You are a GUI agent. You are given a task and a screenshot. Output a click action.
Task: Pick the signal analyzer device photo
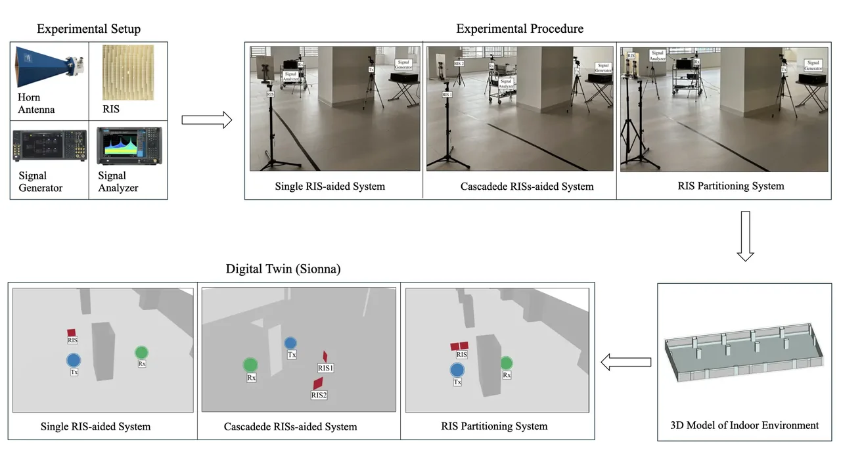[128, 146]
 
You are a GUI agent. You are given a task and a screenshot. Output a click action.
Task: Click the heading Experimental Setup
[89, 29]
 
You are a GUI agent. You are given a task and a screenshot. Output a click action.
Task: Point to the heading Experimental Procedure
[520, 29]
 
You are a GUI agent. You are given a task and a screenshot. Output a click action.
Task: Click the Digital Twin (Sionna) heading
[283, 269]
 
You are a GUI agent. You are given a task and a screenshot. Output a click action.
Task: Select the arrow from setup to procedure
[206, 120]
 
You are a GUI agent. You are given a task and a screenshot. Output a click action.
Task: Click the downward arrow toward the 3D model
[744, 236]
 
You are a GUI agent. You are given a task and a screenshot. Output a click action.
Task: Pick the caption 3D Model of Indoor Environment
[744, 425]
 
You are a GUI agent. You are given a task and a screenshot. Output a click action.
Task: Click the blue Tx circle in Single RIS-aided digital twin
[74, 360]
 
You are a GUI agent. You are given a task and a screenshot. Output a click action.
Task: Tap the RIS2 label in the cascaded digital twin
[319, 395]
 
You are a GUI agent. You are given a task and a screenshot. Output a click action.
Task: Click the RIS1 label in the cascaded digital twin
[326, 368]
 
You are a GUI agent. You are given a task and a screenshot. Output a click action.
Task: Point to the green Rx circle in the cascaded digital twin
[250, 365]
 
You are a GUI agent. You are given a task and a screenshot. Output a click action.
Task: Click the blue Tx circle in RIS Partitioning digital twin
[457, 370]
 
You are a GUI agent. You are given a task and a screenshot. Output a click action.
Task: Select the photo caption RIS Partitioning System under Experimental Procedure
[731, 186]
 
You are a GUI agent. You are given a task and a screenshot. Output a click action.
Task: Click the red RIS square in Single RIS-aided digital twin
[72, 332]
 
